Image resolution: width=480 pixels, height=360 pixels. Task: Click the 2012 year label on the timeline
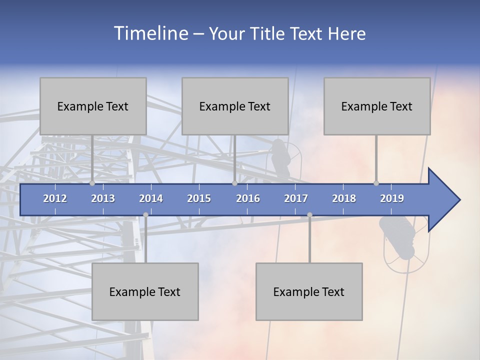click(x=55, y=198)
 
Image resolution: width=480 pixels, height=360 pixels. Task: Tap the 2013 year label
click(x=103, y=198)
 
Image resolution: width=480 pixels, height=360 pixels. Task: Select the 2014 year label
click(x=151, y=198)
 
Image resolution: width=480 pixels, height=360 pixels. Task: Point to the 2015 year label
click(x=199, y=198)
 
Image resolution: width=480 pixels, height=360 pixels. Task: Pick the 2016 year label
click(x=248, y=198)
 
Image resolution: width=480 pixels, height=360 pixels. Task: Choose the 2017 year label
click(x=296, y=198)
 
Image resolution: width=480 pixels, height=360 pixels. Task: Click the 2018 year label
click(x=344, y=198)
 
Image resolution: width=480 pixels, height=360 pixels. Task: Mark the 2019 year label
click(x=392, y=198)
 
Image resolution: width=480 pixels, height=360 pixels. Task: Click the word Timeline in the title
click(x=150, y=33)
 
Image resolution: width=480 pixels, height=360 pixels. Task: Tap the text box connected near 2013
click(x=93, y=106)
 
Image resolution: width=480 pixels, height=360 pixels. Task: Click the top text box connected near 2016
click(x=235, y=106)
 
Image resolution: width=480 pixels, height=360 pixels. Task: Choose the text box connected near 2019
click(x=377, y=106)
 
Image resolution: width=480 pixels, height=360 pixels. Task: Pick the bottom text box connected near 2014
click(x=145, y=291)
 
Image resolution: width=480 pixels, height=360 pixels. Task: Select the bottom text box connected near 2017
click(x=309, y=291)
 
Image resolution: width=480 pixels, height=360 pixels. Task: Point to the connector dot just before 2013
click(x=92, y=183)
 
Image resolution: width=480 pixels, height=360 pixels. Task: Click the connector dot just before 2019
click(x=376, y=183)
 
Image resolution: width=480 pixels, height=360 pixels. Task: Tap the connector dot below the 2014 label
click(x=145, y=214)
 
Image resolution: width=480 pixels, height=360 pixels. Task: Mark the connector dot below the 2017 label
click(x=309, y=214)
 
